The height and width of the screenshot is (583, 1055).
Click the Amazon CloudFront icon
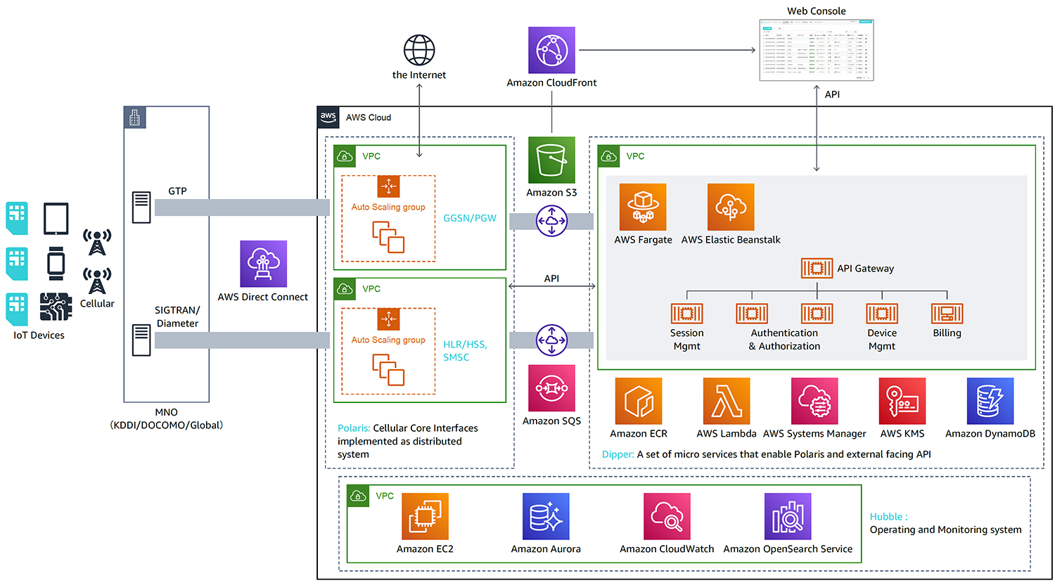[x=551, y=50]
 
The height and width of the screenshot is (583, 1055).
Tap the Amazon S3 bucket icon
[x=551, y=160]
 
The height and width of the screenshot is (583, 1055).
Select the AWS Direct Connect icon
[x=263, y=264]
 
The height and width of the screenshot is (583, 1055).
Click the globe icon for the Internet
[x=419, y=50]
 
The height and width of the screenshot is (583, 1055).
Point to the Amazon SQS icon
[x=551, y=388]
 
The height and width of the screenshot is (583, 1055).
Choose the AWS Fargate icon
[x=643, y=207]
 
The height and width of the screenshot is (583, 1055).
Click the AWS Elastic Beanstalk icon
[x=731, y=207]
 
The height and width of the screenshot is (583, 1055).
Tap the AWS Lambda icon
[x=727, y=401]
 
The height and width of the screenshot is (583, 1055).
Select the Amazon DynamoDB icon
[x=990, y=401]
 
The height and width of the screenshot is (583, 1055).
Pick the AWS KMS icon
[x=902, y=401]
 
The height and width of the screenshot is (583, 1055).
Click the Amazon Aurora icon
[x=546, y=516]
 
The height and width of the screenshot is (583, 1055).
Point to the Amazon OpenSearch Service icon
[x=788, y=516]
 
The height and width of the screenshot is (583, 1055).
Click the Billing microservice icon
[x=947, y=313]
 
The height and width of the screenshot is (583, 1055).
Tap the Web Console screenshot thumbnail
[x=817, y=50]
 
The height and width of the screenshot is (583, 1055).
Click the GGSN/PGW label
[x=470, y=218]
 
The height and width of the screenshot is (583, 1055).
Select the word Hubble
[x=886, y=516]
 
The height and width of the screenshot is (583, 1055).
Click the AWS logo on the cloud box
[x=328, y=117]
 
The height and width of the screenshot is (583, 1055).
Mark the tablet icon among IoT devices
[x=56, y=219]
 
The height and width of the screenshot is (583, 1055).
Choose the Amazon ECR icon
[x=639, y=401]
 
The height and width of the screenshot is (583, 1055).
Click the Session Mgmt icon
[x=686, y=313]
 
